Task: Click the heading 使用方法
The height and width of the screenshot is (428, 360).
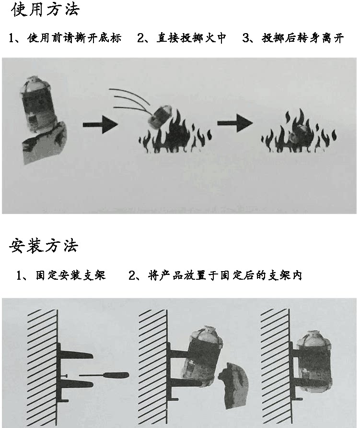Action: coord(45,10)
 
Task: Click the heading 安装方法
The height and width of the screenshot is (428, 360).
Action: coord(44,246)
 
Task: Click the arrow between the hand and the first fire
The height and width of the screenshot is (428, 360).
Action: coord(100,125)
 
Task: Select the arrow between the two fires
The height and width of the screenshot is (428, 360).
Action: coord(235,123)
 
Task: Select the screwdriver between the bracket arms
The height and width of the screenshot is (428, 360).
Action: coord(103,374)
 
